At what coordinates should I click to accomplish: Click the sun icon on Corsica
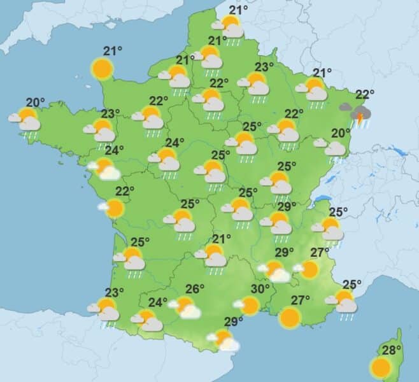[381, 367]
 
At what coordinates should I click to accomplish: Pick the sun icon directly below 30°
[249, 306]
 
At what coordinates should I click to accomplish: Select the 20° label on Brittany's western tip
[36, 102]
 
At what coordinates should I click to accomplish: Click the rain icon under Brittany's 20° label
[26, 120]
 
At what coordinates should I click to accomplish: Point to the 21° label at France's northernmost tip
[238, 10]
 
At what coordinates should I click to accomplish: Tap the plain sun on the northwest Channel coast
[101, 67]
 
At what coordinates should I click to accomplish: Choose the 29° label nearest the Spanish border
[234, 321]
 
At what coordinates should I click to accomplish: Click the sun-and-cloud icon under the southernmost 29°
[224, 340]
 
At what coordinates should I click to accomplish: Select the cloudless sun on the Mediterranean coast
[290, 316]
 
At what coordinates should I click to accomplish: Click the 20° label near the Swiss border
[341, 133]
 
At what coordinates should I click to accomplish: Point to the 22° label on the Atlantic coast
[125, 191]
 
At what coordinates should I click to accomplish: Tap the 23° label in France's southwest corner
[114, 293]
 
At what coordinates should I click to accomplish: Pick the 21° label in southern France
[221, 239]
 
